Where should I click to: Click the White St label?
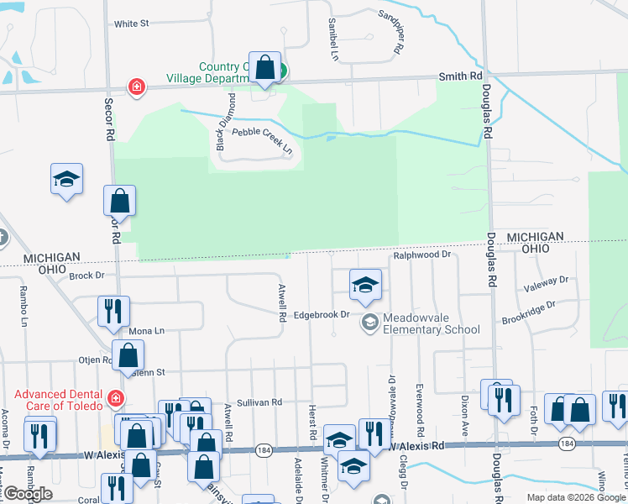tap(131, 24)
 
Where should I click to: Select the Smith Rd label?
tap(460, 76)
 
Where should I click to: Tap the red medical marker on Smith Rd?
tap(135, 87)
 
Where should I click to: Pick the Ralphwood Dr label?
tap(423, 253)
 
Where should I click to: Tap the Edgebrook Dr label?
tap(321, 315)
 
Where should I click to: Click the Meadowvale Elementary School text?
tap(432, 324)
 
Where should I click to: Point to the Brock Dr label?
tap(86, 275)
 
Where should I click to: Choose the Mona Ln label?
tap(146, 331)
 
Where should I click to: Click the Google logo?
tap(27, 494)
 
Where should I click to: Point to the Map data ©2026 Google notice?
tap(575, 497)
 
